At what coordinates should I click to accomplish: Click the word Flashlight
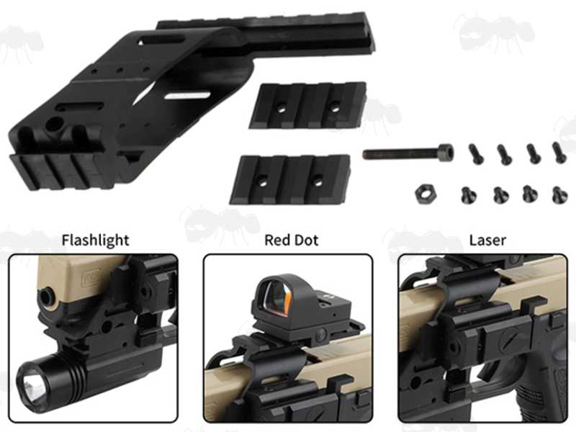[95, 240]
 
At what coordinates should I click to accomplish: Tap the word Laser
[487, 240]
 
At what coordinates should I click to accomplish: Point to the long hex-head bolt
[408, 152]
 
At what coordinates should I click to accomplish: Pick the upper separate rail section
[308, 105]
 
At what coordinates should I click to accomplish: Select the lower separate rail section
[290, 179]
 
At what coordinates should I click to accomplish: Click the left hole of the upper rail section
[281, 109]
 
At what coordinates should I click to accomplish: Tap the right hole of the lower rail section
[318, 182]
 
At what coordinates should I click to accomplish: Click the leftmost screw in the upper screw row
[476, 154]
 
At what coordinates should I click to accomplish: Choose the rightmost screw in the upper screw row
[559, 153]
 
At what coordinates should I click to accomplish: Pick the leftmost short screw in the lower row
[469, 195]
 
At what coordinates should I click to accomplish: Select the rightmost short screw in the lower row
[559, 194]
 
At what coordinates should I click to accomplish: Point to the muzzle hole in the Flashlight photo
[47, 294]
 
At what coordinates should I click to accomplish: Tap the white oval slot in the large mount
[187, 96]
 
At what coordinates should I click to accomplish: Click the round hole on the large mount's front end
[53, 125]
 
